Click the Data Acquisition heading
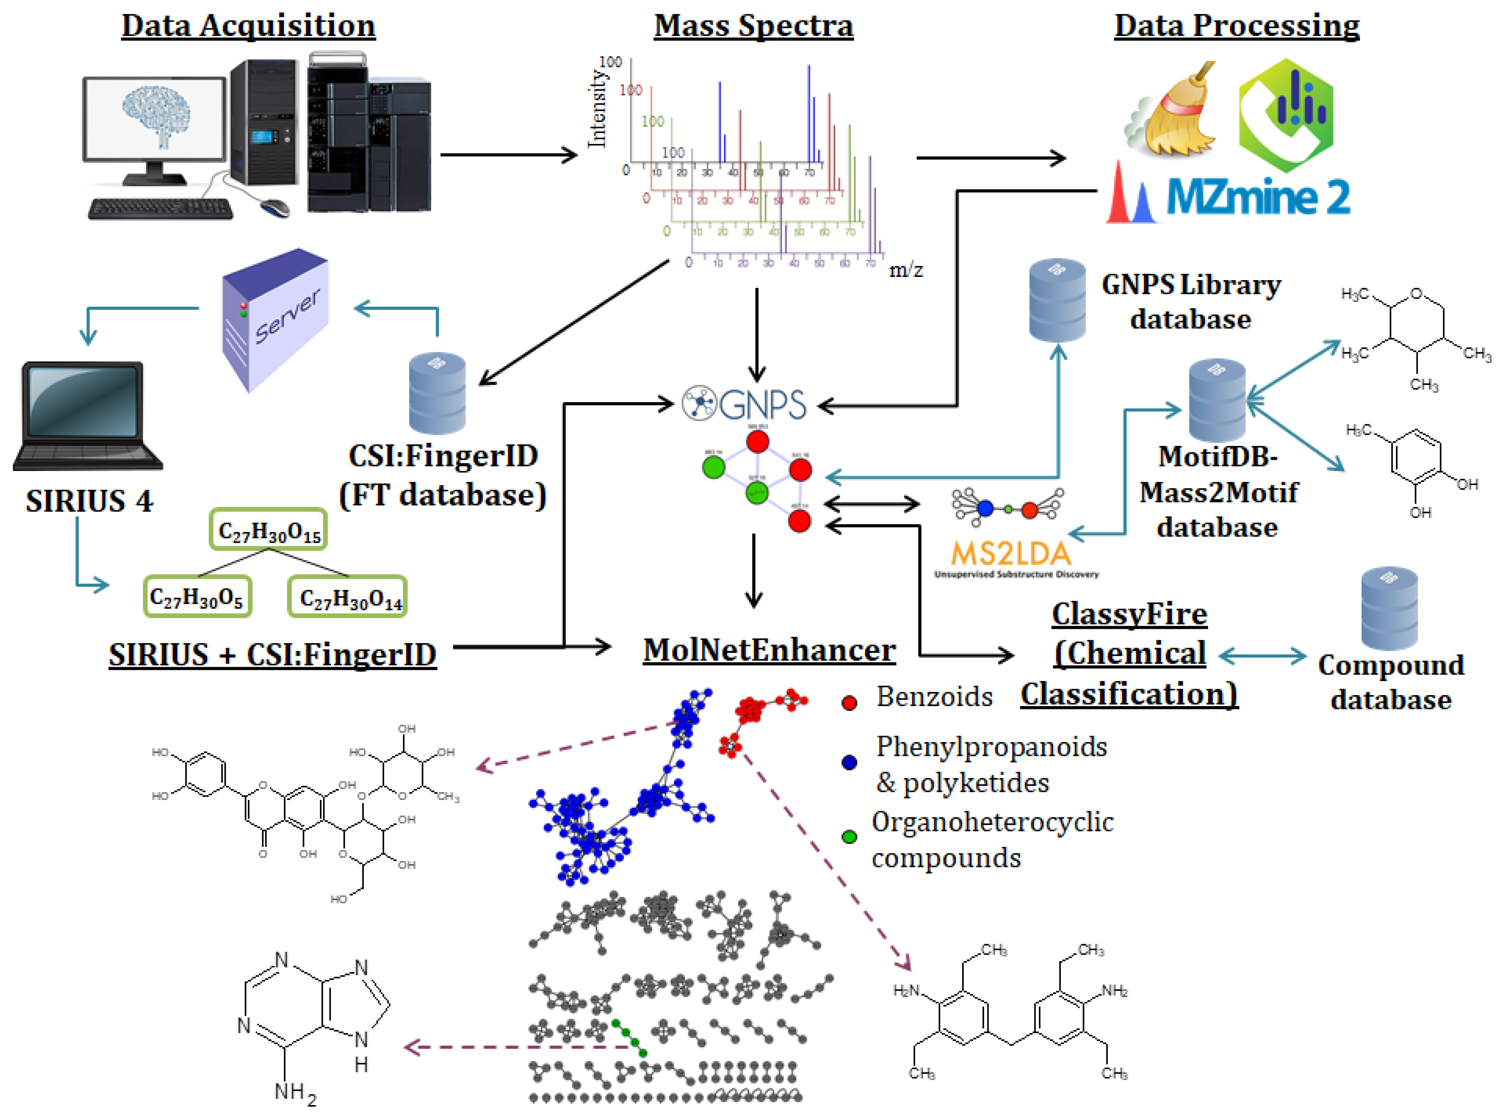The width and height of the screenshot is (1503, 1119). pos(248,26)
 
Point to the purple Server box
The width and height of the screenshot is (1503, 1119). pos(276,318)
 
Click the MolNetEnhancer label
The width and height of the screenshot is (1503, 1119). pos(769,650)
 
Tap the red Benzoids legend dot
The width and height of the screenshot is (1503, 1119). pos(849,702)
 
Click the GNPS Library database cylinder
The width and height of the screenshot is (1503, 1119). pos(1057,300)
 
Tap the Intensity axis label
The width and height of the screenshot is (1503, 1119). pos(596,108)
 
